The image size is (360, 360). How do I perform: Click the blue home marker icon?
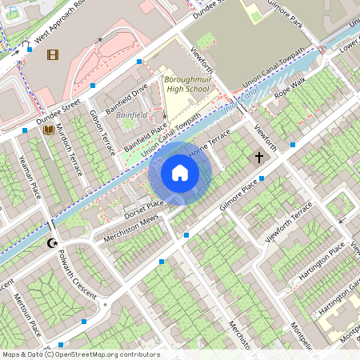pos(180,173)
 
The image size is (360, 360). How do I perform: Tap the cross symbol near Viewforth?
pos(258,158)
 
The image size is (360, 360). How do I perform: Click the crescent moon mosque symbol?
pos(54,242)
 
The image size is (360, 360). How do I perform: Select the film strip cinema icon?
pos(53,54)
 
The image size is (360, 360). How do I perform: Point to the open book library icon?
pos(48,129)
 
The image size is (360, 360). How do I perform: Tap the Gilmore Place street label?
pos(229,197)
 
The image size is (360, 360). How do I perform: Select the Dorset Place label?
pos(143,210)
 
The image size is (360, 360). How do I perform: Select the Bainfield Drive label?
pos(127,101)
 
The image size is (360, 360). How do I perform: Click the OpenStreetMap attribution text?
pos(81,354)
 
